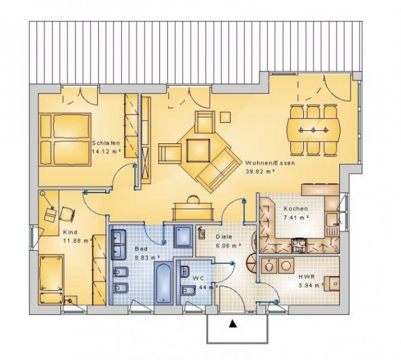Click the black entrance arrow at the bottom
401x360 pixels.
233,325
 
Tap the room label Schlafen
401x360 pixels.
106,143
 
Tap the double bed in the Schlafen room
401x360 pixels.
65,139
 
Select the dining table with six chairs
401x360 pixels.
313,129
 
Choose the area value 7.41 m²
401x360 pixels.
296,218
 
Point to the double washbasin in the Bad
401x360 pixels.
117,245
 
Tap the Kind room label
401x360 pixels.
70,231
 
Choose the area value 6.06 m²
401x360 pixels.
228,245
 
